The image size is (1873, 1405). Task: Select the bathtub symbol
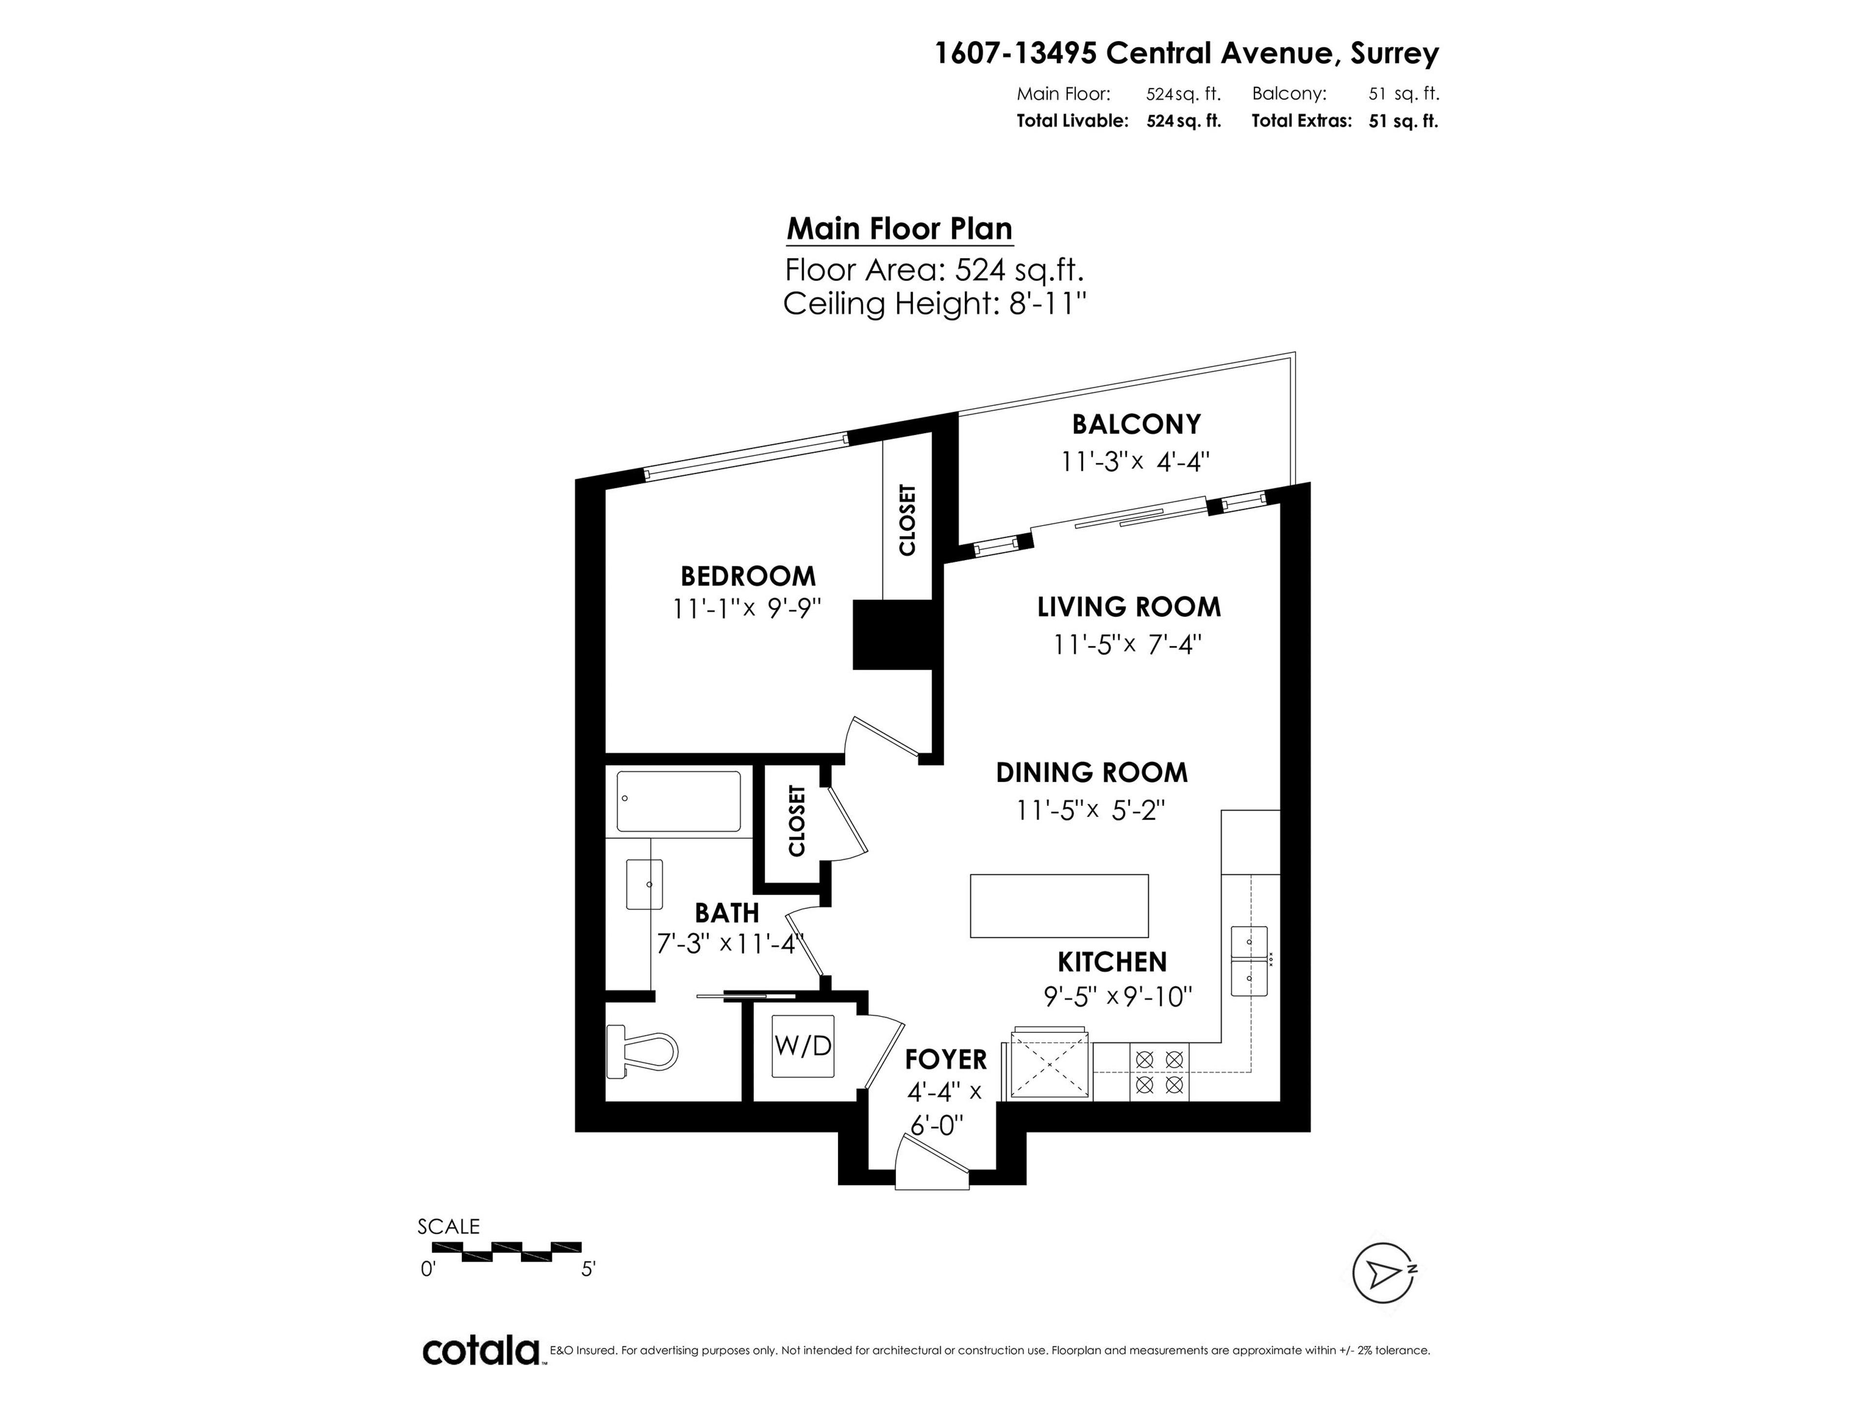[678, 801]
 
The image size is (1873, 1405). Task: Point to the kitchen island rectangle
[1058, 905]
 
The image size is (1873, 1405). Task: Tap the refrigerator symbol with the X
[1048, 1064]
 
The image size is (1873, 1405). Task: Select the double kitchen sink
[1249, 961]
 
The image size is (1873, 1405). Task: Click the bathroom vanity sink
[643, 884]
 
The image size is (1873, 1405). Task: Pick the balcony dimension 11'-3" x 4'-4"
[1135, 462]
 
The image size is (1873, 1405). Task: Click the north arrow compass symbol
[1383, 1273]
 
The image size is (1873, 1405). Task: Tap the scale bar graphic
[506, 1251]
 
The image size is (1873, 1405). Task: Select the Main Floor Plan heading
[899, 229]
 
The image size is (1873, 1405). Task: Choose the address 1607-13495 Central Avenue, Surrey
[1185, 53]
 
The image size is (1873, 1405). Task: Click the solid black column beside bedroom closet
[892, 634]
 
